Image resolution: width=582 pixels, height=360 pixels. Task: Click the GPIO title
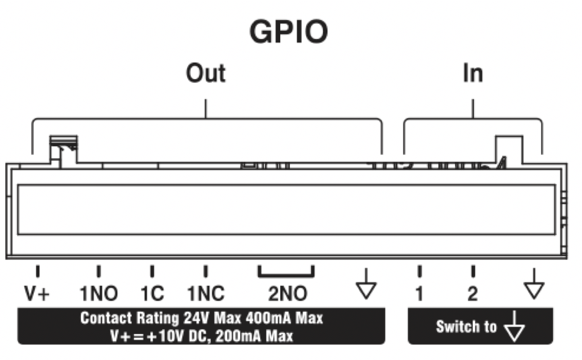click(x=289, y=31)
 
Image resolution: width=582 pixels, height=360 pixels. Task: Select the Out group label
click(x=206, y=73)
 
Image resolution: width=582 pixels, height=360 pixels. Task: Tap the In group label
click(x=473, y=73)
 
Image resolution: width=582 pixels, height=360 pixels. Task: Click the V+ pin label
click(x=37, y=294)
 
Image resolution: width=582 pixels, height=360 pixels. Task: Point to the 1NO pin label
click(x=99, y=294)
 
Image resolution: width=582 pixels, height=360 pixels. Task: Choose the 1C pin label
click(x=152, y=294)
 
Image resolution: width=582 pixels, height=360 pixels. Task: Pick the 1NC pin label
click(x=206, y=294)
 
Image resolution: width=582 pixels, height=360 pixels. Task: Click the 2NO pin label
click(x=287, y=294)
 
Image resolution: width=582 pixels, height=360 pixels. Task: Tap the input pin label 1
click(x=420, y=294)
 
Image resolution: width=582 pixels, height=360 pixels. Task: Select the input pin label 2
click(x=473, y=294)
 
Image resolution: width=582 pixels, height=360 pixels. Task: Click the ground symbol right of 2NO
click(x=366, y=284)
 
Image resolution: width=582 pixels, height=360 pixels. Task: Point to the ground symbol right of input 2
click(x=534, y=284)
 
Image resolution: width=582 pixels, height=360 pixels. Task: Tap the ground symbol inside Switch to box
click(x=514, y=326)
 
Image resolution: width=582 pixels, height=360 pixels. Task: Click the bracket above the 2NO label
click(x=286, y=275)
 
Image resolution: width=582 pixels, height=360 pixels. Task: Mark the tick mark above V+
click(x=37, y=271)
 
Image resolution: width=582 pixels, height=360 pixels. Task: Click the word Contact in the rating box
click(x=106, y=318)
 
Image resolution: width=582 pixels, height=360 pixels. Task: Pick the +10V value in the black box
click(x=166, y=336)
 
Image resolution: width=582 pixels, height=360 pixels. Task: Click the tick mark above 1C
click(x=152, y=271)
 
